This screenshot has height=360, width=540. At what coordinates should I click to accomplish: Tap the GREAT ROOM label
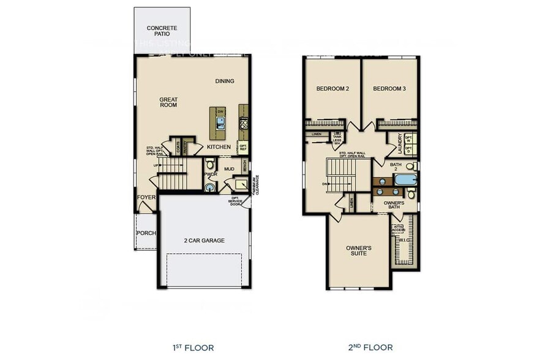(168, 102)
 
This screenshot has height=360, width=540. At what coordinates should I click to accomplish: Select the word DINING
(225, 81)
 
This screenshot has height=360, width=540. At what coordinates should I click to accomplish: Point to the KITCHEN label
(219, 147)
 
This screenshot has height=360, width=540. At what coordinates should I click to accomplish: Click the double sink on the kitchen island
(220, 122)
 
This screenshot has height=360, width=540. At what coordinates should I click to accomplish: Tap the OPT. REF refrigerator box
(243, 148)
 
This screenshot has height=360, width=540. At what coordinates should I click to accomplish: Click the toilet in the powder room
(209, 164)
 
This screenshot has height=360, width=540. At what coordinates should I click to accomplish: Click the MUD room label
(229, 169)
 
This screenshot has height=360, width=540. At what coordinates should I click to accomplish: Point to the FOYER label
(146, 197)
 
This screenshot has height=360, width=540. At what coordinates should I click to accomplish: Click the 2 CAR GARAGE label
(204, 241)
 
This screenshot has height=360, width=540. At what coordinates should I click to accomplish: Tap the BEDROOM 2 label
(332, 89)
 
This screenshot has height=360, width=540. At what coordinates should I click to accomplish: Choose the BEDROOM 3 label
(389, 89)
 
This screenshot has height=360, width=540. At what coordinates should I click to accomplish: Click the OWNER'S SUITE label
(359, 250)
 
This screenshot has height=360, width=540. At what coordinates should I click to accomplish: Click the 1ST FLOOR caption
(193, 348)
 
